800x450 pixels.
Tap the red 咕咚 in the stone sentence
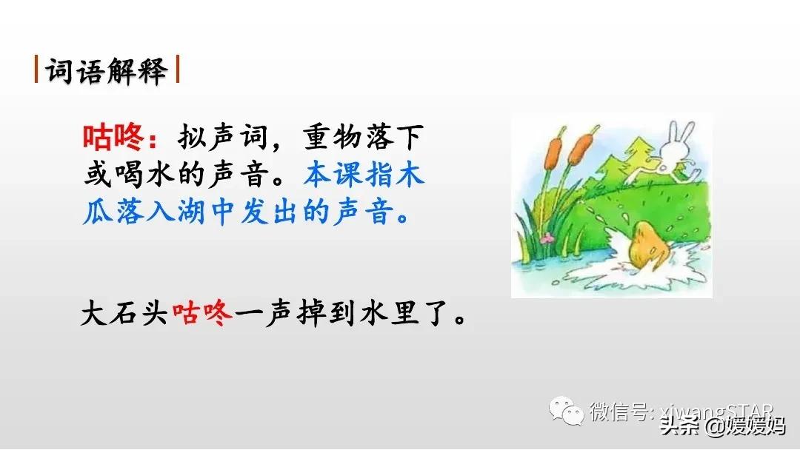[x=202, y=316]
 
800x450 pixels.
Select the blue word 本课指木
[x=364, y=175]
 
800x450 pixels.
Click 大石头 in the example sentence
[x=125, y=316]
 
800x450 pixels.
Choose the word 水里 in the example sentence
[x=385, y=316]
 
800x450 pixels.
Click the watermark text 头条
[x=679, y=426]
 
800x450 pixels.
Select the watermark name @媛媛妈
[x=744, y=426]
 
